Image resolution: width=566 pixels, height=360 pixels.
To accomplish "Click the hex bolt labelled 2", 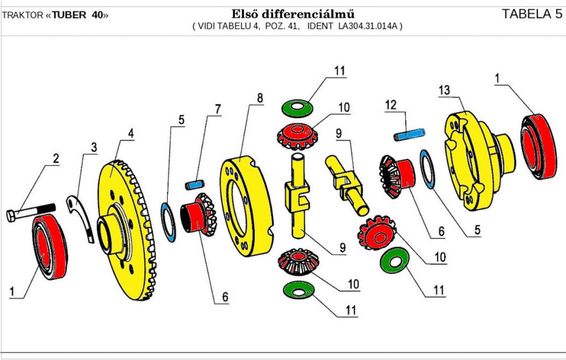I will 30,212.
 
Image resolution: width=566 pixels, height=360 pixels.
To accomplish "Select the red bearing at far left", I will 49,248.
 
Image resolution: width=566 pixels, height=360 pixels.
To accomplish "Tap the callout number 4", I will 131,134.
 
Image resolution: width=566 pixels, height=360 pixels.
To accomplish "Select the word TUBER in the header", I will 69,15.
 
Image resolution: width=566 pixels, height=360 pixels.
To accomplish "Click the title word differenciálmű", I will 315,14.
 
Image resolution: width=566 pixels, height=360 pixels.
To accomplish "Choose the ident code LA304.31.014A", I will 369,26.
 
